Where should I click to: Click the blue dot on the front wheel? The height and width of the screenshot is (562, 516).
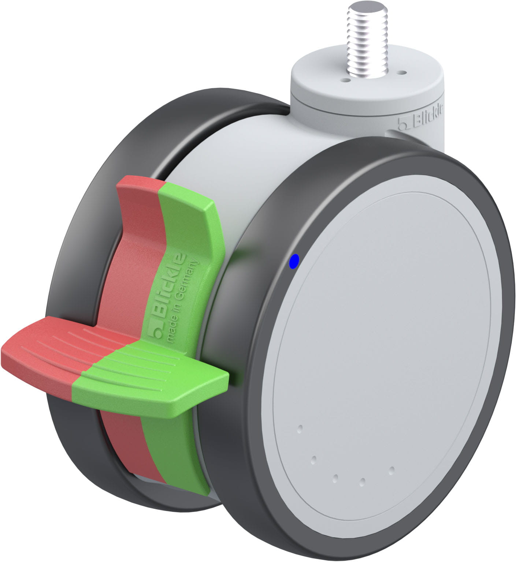(294, 261)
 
